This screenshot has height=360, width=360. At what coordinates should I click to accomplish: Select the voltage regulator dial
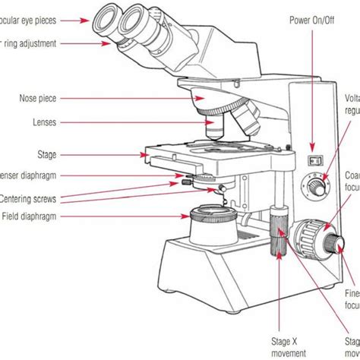tap(314, 184)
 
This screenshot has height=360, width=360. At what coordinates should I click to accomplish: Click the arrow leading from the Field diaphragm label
tap(122, 216)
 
